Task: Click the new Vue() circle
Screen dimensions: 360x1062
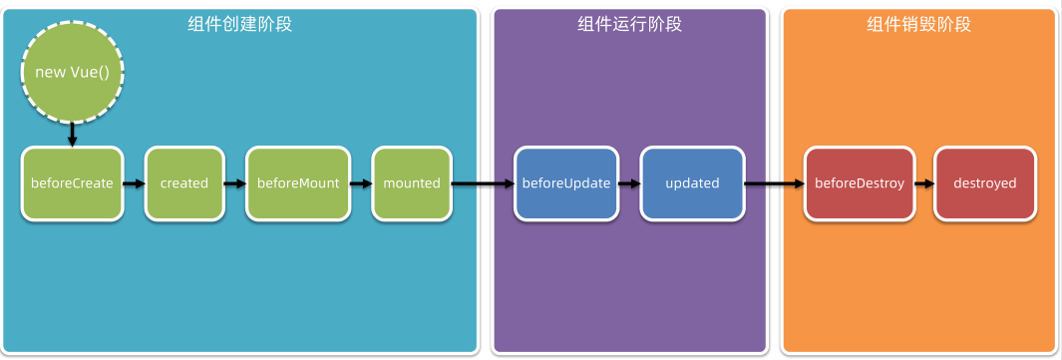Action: (x=72, y=73)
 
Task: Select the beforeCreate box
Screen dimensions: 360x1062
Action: (x=72, y=183)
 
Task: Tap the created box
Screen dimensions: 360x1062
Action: (x=183, y=183)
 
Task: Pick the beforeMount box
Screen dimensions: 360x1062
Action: (x=298, y=183)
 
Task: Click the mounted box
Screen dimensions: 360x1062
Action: (x=411, y=183)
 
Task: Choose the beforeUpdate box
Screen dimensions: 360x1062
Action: (x=566, y=183)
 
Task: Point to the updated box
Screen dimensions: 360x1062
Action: (x=692, y=183)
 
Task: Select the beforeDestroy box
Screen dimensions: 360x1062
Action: (x=859, y=183)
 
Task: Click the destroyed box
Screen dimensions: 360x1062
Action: (x=984, y=183)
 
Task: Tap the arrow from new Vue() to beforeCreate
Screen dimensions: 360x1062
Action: (x=72, y=134)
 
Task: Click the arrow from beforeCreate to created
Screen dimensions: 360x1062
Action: (x=134, y=183)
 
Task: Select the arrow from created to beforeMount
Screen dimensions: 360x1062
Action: (x=234, y=183)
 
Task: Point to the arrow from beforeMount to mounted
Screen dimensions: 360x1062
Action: (x=361, y=183)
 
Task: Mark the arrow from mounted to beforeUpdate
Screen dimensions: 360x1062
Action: (x=483, y=183)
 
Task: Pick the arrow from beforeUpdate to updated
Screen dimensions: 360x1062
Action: (x=628, y=183)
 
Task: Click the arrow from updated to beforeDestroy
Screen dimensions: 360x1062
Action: (x=774, y=183)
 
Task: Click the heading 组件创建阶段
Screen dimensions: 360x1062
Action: (x=239, y=24)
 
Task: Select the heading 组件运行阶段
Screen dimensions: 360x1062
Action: (x=629, y=24)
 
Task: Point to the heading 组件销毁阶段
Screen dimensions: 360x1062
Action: (x=918, y=24)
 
